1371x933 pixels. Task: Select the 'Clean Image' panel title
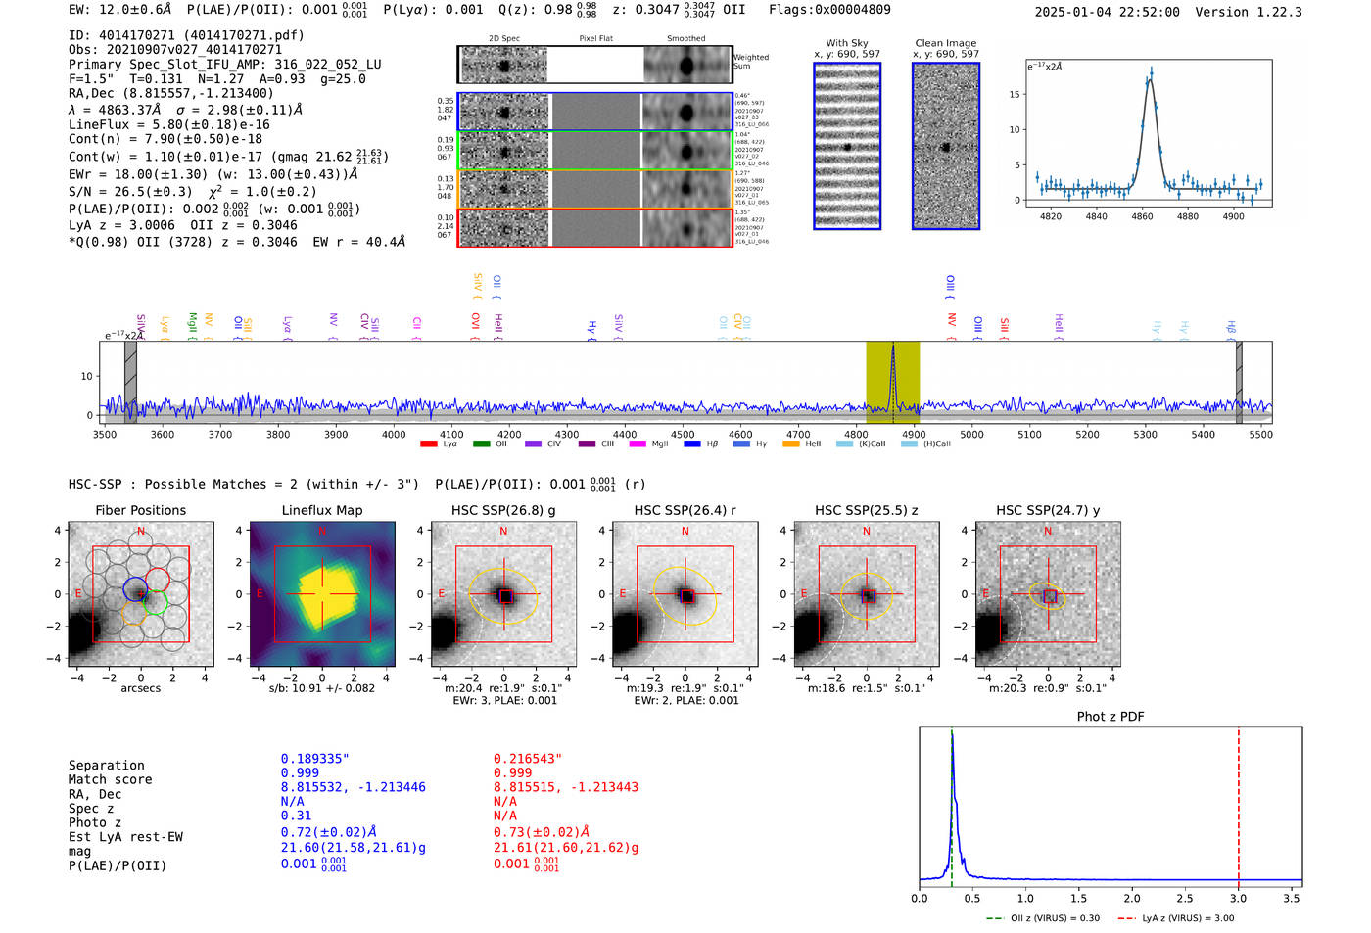point(945,43)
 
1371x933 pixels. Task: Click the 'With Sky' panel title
point(846,43)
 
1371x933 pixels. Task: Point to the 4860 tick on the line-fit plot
point(1142,216)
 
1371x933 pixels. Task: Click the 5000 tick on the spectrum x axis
point(971,435)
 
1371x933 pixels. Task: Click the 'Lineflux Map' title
point(321,510)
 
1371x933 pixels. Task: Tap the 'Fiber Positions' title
point(140,510)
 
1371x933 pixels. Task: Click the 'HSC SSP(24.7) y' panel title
point(1048,510)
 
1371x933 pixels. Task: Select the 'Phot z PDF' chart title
point(1110,717)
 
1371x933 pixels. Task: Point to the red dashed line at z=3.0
point(1238,803)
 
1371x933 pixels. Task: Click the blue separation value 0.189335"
point(314,759)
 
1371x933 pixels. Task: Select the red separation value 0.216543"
point(528,759)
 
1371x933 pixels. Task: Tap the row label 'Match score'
point(110,779)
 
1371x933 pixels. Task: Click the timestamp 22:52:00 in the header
point(1147,12)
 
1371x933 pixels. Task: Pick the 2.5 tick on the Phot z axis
point(1185,898)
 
